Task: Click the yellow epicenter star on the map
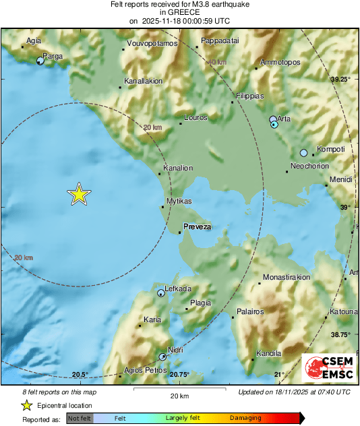click(x=79, y=194)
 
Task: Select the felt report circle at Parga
click(x=40, y=61)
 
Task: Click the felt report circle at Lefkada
click(x=160, y=293)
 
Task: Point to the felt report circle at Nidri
click(x=162, y=356)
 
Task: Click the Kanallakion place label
click(x=143, y=81)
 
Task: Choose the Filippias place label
click(x=250, y=96)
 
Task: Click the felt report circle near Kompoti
click(x=303, y=152)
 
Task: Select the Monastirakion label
click(x=287, y=277)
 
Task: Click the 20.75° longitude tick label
click(x=179, y=374)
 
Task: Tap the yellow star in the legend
click(x=26, y=405)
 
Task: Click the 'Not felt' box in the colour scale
click(x=80, y=418)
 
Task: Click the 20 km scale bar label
click(x=179, y=396)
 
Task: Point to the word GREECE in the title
click(x=180, y=12)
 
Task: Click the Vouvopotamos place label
click(x=152, y=44)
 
